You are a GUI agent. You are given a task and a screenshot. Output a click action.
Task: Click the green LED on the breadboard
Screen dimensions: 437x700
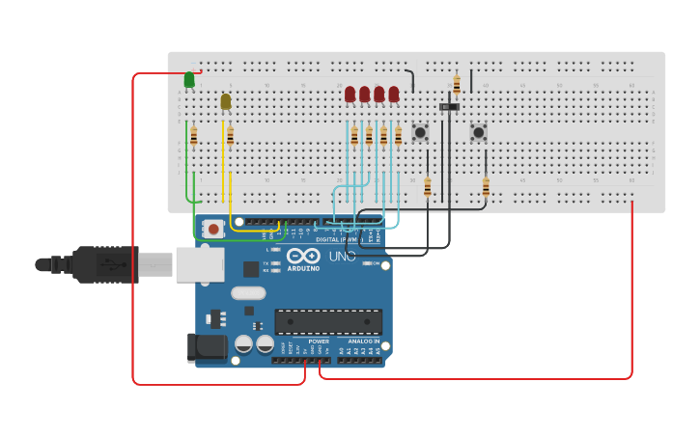point(189,80)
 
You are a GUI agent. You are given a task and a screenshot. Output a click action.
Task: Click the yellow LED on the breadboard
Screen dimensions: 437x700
point(226,101)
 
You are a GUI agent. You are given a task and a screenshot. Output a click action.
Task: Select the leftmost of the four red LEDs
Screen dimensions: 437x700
point(350,94)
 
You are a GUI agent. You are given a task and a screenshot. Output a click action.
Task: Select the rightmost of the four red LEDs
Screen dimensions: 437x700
point(394,94)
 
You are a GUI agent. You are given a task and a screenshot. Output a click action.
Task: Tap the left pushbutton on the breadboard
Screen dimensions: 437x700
point(420,132)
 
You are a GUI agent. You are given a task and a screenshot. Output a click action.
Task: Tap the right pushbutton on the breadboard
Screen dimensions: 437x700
point(478,131)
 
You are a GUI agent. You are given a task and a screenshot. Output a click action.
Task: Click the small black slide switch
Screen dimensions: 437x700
point(449,106)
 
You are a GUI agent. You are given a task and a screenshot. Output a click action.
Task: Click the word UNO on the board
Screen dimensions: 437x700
point(343,257)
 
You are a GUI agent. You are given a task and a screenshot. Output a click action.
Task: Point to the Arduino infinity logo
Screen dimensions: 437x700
point(302,256)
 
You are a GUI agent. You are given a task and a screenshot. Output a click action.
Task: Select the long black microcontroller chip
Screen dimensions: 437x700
point(328,321)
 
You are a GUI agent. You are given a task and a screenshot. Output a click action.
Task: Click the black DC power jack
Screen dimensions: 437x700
point(207,347)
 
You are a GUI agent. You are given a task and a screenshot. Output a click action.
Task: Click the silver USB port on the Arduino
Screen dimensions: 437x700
point(199,264)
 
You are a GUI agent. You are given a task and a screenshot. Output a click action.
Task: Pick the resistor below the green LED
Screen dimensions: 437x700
point(193,136)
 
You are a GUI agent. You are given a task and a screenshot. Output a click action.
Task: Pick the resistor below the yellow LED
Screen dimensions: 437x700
point(230,136)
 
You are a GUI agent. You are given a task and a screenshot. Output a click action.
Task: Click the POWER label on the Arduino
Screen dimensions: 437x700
point(319,341)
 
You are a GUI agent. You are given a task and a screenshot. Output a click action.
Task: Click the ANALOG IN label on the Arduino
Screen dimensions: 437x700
point(363,341)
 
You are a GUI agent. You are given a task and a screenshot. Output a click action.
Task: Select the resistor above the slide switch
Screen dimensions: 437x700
point(457,84)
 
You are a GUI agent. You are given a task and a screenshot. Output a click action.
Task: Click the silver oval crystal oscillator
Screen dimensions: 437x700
point(248,293)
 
